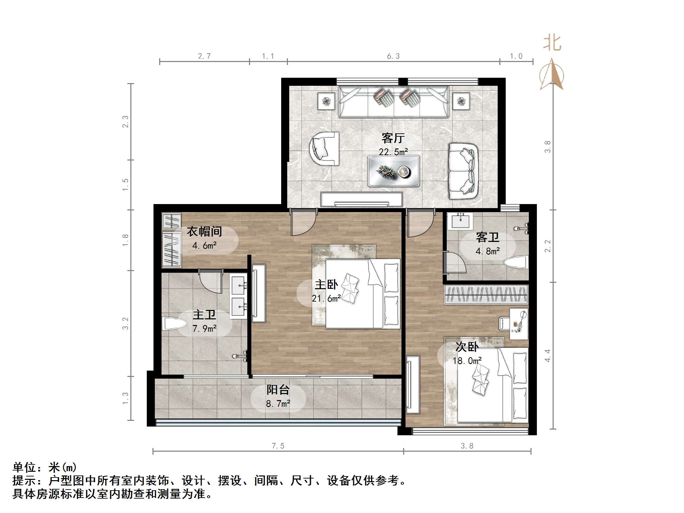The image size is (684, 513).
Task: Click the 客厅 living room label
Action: (393, 138)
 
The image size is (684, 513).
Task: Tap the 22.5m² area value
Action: (393, 152)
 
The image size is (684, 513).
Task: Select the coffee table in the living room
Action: (393, 171)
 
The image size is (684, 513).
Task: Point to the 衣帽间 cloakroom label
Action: (204, 231)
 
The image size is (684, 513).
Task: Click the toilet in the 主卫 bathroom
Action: (174, 324)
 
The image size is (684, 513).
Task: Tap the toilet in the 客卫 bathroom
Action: (517, 262)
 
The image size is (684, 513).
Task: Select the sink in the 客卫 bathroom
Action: (462, 220)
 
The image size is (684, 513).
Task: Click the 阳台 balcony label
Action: (278, 390)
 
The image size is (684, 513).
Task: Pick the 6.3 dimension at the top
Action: (393, 56)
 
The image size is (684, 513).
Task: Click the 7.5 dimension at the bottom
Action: (278, 446)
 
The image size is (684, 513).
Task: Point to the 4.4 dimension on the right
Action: (547, 356)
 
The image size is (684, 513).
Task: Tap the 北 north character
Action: (552, 43)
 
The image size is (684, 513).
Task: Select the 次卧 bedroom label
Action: (467, 347)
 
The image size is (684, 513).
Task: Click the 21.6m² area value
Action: (326, 299)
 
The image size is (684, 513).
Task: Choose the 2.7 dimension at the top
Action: (204, 56)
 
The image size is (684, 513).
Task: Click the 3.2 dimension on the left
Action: (125, 323)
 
